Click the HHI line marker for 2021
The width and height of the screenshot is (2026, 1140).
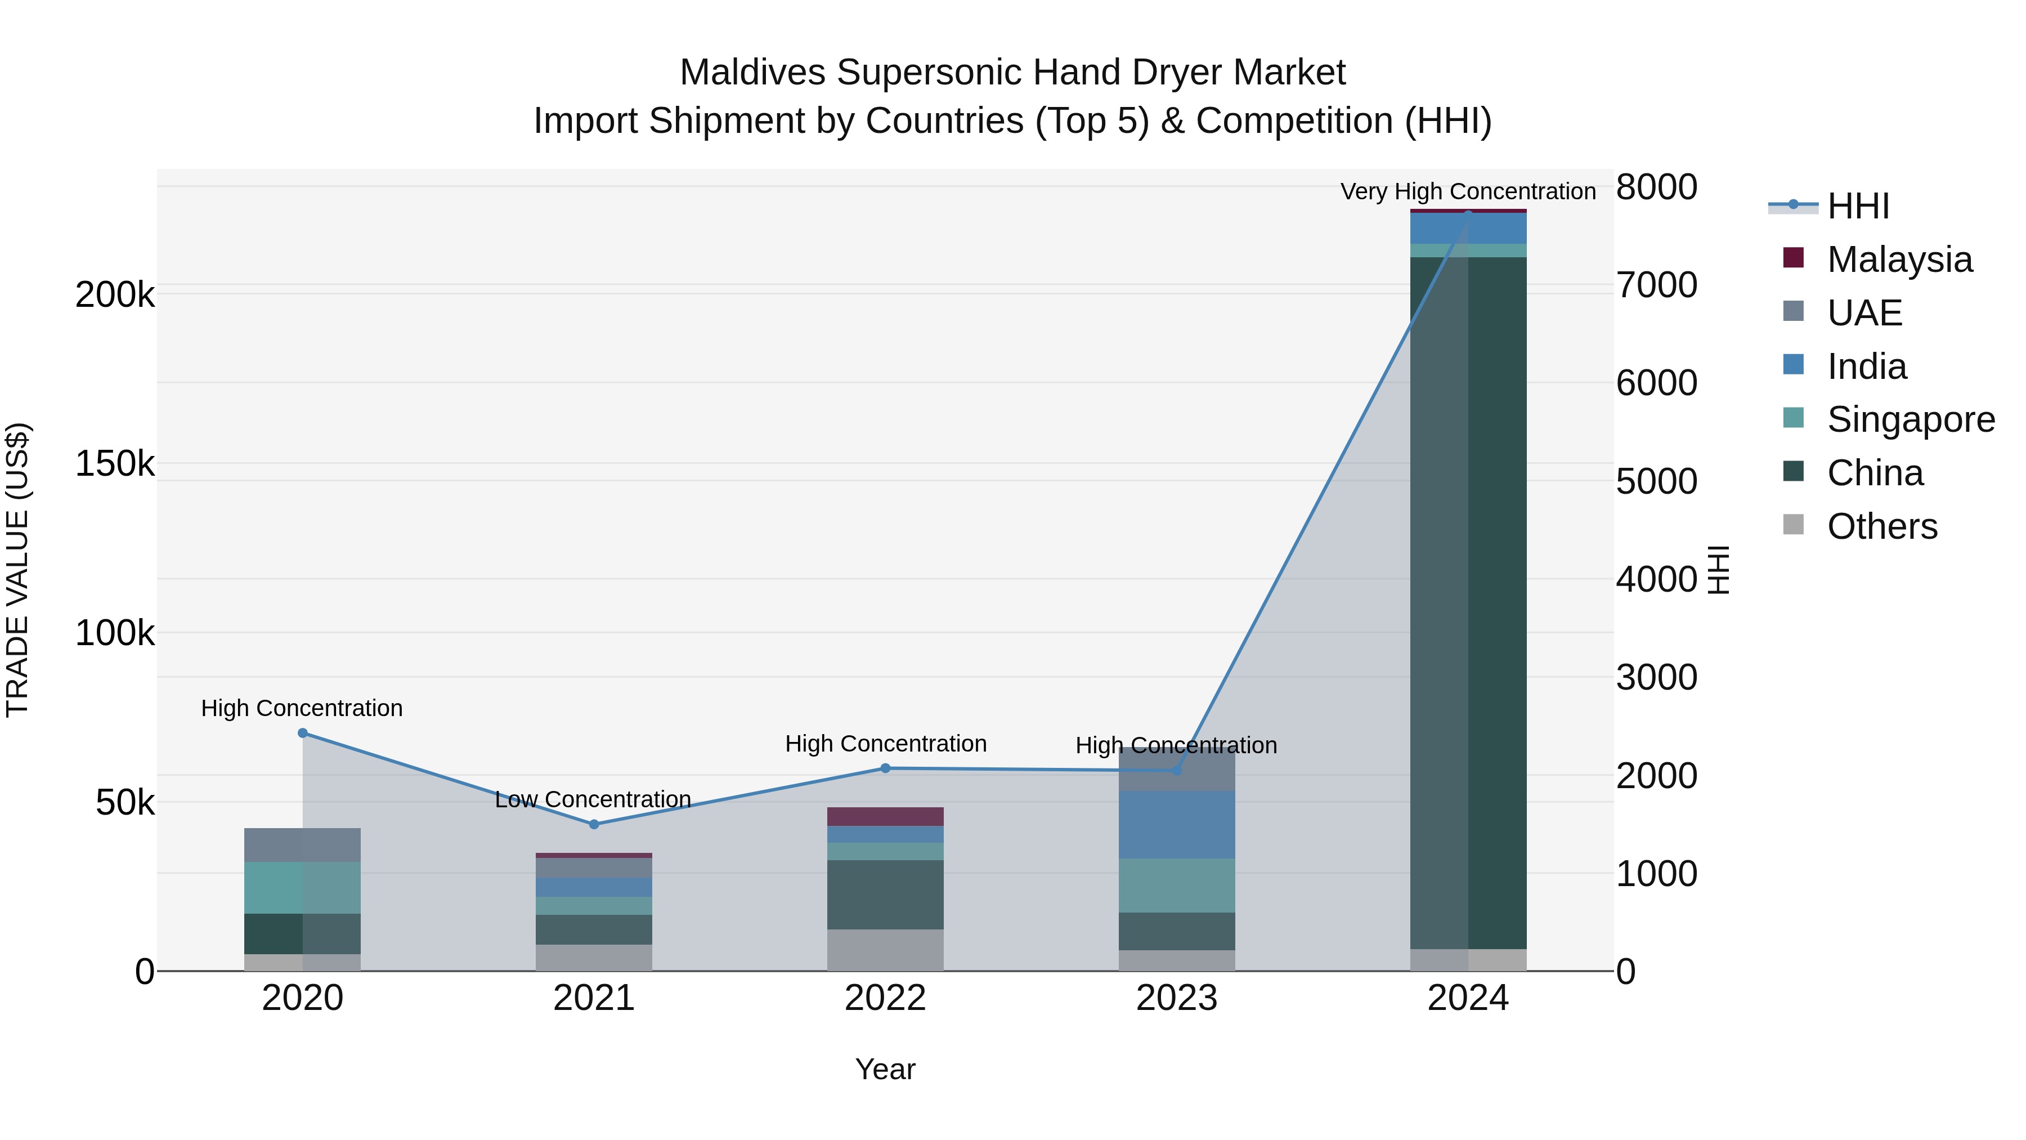pos(594,824)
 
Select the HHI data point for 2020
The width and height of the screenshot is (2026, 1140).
pos(303,733)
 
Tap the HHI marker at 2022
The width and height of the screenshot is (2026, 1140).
pos(886,768)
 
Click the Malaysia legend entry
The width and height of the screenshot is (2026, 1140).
pos(1899,260)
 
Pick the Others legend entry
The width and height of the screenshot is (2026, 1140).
pos(1882,526)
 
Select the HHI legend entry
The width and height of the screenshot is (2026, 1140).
pos(1858,206)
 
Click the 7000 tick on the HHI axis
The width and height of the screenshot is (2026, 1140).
pos(1656,285)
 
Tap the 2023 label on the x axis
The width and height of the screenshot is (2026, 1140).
pos(1177,998)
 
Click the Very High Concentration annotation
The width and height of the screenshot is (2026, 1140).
pos(1468,191)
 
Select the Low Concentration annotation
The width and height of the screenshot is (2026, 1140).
pos(593,799)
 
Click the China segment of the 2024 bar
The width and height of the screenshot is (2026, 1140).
pos(1468,598)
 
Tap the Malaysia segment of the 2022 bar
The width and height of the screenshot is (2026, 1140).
pos(886,816)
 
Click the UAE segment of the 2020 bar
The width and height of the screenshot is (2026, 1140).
pos(302,844)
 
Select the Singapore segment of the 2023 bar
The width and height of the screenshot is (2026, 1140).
pos(1177,884)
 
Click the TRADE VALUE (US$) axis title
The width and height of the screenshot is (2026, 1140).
pos(17,570)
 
